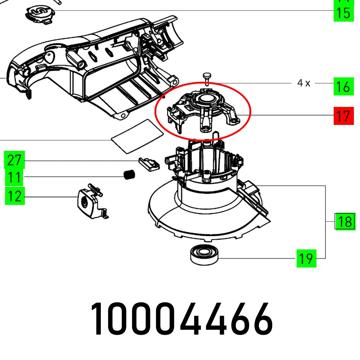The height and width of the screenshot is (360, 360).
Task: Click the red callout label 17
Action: [343, 116]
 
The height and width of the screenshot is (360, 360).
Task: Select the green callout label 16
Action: [343, 87]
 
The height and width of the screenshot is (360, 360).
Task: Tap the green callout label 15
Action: [343, 13]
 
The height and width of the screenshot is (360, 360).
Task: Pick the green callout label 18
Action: [345, 221]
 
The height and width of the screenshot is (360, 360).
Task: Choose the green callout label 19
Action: [306, 258]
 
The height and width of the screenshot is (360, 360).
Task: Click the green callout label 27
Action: [14, 160]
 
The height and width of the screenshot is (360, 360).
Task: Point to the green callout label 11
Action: [14, 177]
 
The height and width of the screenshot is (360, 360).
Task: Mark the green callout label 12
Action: [14, 196]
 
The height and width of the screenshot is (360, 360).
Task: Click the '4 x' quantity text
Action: [303, 83]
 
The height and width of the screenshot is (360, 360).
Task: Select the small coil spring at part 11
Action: [129, 175]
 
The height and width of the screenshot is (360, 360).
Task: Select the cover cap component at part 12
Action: [89, 203]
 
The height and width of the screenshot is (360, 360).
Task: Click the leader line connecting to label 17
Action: [292, 116]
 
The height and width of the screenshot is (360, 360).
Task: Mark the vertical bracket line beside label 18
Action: [326, 221]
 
